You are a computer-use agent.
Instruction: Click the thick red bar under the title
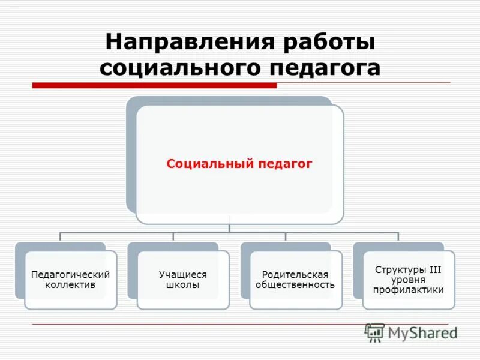coord(154,85)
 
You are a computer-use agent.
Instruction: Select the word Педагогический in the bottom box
coord(70,275)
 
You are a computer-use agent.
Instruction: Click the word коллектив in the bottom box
coord(70,285)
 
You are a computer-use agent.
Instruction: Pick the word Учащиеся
coord(182,275)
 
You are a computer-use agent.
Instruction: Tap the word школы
coord(182,285)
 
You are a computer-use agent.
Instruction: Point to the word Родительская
coord(295,275)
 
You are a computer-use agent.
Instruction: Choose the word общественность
coord(295,285)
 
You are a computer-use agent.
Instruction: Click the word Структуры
coord(398,270)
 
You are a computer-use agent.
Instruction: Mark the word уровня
coord(408,280)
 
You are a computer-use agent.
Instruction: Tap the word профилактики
coord(408,290)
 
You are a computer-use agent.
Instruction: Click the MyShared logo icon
coord(374,332)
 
